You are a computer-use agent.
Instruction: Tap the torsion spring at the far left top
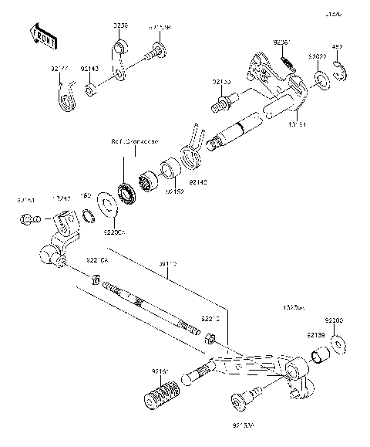coord(68,98)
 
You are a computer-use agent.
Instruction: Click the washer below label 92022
coord(320,80)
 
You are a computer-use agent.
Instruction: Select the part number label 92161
coord(160,371)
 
